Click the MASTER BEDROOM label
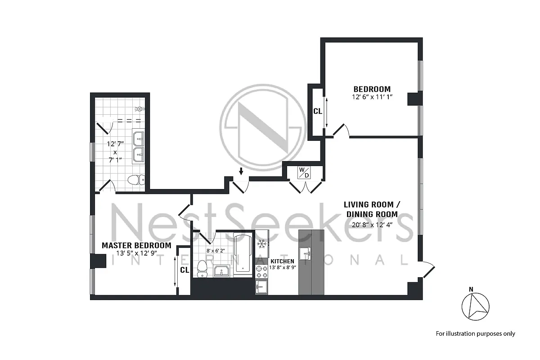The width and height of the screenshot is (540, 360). pos(136,245)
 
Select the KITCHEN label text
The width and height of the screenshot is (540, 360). pos(282,261)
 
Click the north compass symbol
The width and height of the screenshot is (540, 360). pos(475,307)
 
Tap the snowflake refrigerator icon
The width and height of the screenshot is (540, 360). pos(261,244)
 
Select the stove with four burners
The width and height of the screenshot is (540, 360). pos(261,270)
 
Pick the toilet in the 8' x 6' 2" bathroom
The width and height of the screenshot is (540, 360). pos(201,268)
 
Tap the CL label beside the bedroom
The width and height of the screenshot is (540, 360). pos(318,111)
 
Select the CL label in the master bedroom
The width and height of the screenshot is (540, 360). pos(184,270)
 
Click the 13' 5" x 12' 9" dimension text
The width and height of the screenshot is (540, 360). pos(137,253)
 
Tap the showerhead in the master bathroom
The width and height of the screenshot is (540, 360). pos(140,109)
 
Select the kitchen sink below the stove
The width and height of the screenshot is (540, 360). pos(261,287)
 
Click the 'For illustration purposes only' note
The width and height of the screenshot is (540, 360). pos(475,333)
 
